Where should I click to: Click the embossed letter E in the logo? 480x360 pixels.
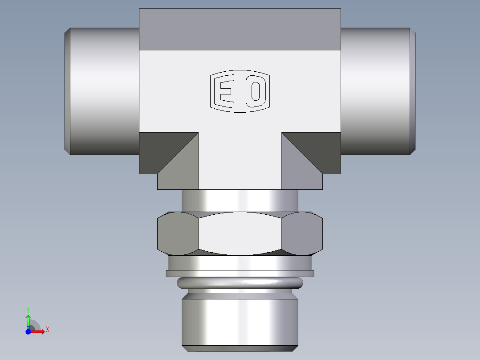[224, 91]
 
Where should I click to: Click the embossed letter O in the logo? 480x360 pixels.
[256, 91]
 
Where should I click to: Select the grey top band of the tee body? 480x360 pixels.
[240, 29]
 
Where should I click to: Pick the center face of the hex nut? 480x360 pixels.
[240, 233]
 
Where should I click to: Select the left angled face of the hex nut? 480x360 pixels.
[178, 233]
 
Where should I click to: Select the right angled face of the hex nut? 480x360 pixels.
[302, 233]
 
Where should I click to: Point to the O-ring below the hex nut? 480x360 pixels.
[240, 282]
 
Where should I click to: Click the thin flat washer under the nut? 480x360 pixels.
[240, 274]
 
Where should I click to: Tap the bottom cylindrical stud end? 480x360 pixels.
[240, 321]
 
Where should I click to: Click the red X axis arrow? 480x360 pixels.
[39, 331]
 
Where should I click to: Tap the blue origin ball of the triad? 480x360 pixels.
[28, 331]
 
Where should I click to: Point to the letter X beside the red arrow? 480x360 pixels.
[47, 330]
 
